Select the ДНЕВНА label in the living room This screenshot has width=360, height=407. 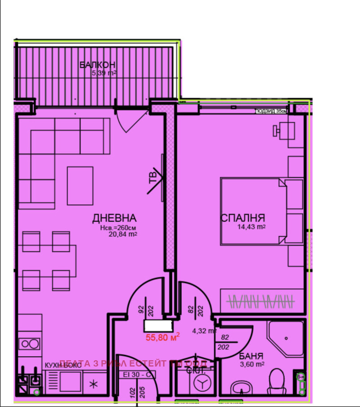(x=114, y=218)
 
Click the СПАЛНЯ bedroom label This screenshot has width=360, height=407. (x=243, y=218)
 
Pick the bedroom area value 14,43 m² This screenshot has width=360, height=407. (x=251, y=227)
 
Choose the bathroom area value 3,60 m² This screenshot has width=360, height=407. (x=251, y=364)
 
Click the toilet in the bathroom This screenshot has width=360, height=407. (x=275, y=381)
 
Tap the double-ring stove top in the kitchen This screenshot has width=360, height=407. (x=30, y=344)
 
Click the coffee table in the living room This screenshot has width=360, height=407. (x=80, y=185)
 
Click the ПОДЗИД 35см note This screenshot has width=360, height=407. (x=271, y=111)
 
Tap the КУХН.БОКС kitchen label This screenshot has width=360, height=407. (x=63, y=365)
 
